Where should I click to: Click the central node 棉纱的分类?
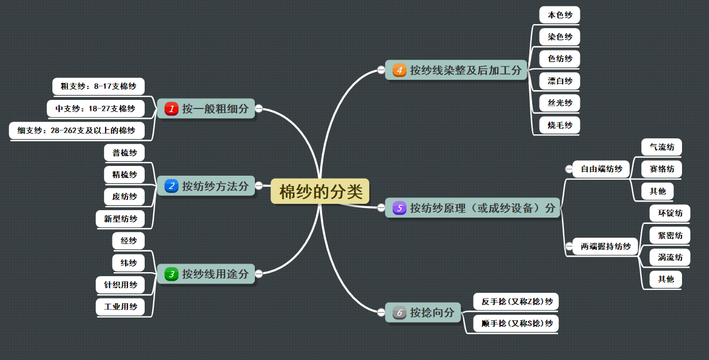pyautogui.click(x=320, y=191)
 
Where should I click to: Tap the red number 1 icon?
pyautogui.click(x=171, y=109)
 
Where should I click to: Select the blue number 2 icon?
pyautogui.click(x=171, y=186)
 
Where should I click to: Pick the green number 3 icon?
pyautogui.click(x=171, y=274)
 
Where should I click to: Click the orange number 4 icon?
pyautogui.click(x=399, y=71)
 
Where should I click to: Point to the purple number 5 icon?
pyautogui.click(x=399, y=208)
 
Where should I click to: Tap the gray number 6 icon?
pyautogui.click(x=399, y=313)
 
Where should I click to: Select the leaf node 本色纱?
pyautogui.click(x=560, y=15)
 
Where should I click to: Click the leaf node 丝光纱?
pyautogui.click(x=560, y=103)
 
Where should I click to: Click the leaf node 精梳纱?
pyautogui.click(x=125, y=175)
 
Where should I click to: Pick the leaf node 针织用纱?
pyautogui.click(x=121, y=285)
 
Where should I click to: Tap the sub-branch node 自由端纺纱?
pyautogui.click(x=601, y=169)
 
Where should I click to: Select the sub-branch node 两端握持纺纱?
pyautogui.click(x=605, y=246)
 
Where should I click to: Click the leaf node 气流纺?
pyautogui.click(x=661, y=147)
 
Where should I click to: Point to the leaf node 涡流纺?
pyautogui.click(x=670, y=257)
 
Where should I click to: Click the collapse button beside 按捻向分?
pyautogui.click(x=381, y=313)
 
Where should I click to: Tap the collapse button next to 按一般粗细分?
pyautogui.click(x=259, y=108)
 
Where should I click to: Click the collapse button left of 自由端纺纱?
pyautogui.click(x=569, y=169)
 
